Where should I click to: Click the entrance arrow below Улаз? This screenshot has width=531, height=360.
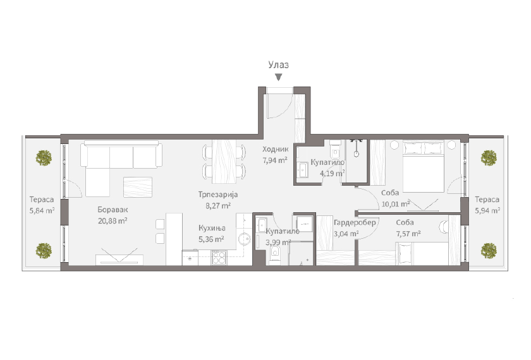click(278, 78)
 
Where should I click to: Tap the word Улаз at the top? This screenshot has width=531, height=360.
click(278, 64)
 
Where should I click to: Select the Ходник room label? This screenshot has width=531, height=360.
click(276, 149)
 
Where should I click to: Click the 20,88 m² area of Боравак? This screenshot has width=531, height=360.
click(113, 221)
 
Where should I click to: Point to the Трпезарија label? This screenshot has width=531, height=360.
click(218, 195)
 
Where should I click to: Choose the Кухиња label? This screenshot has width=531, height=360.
click(212, 228)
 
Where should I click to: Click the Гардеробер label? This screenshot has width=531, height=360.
click(355, 222)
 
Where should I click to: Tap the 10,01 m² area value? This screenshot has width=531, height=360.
click(396, 204)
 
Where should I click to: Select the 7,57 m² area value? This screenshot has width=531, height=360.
click(408, 234)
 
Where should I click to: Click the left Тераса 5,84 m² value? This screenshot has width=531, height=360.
click(42, 210)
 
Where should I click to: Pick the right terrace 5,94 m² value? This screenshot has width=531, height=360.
click(487, 210)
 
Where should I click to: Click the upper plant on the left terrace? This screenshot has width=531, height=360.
click(44, 158)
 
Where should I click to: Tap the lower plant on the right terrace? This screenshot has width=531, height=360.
click(489, 250)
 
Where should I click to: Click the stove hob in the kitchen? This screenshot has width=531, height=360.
click(219, 257)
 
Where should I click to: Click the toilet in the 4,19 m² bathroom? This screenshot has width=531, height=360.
click(335, 150)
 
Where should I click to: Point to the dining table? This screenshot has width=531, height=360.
click(224, 162)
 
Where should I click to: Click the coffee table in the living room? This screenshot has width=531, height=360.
click(138, 187)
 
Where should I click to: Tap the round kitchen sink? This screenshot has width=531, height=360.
click(244, 239)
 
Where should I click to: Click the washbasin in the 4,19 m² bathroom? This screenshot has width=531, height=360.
click(302, 169)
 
